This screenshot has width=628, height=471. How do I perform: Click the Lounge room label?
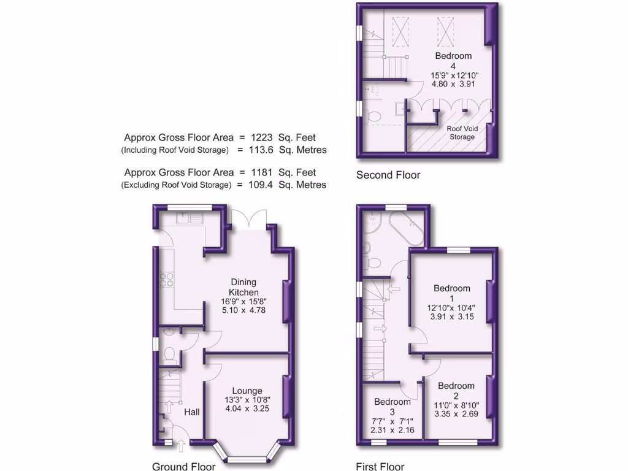pyautogui.click(x=247, y=391)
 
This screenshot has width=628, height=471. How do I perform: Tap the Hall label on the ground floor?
pyautogui.click(x=192, y=413)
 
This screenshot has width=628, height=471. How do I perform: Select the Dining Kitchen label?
pyautogui.click(x=244, y=287)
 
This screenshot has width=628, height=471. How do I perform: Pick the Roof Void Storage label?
pyautogui.click(x=462, y=133)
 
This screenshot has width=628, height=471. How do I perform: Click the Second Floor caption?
pyautogui.click(x=388, y=175)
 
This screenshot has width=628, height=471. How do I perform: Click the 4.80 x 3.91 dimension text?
pyautogui.click(x=454, y=85)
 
